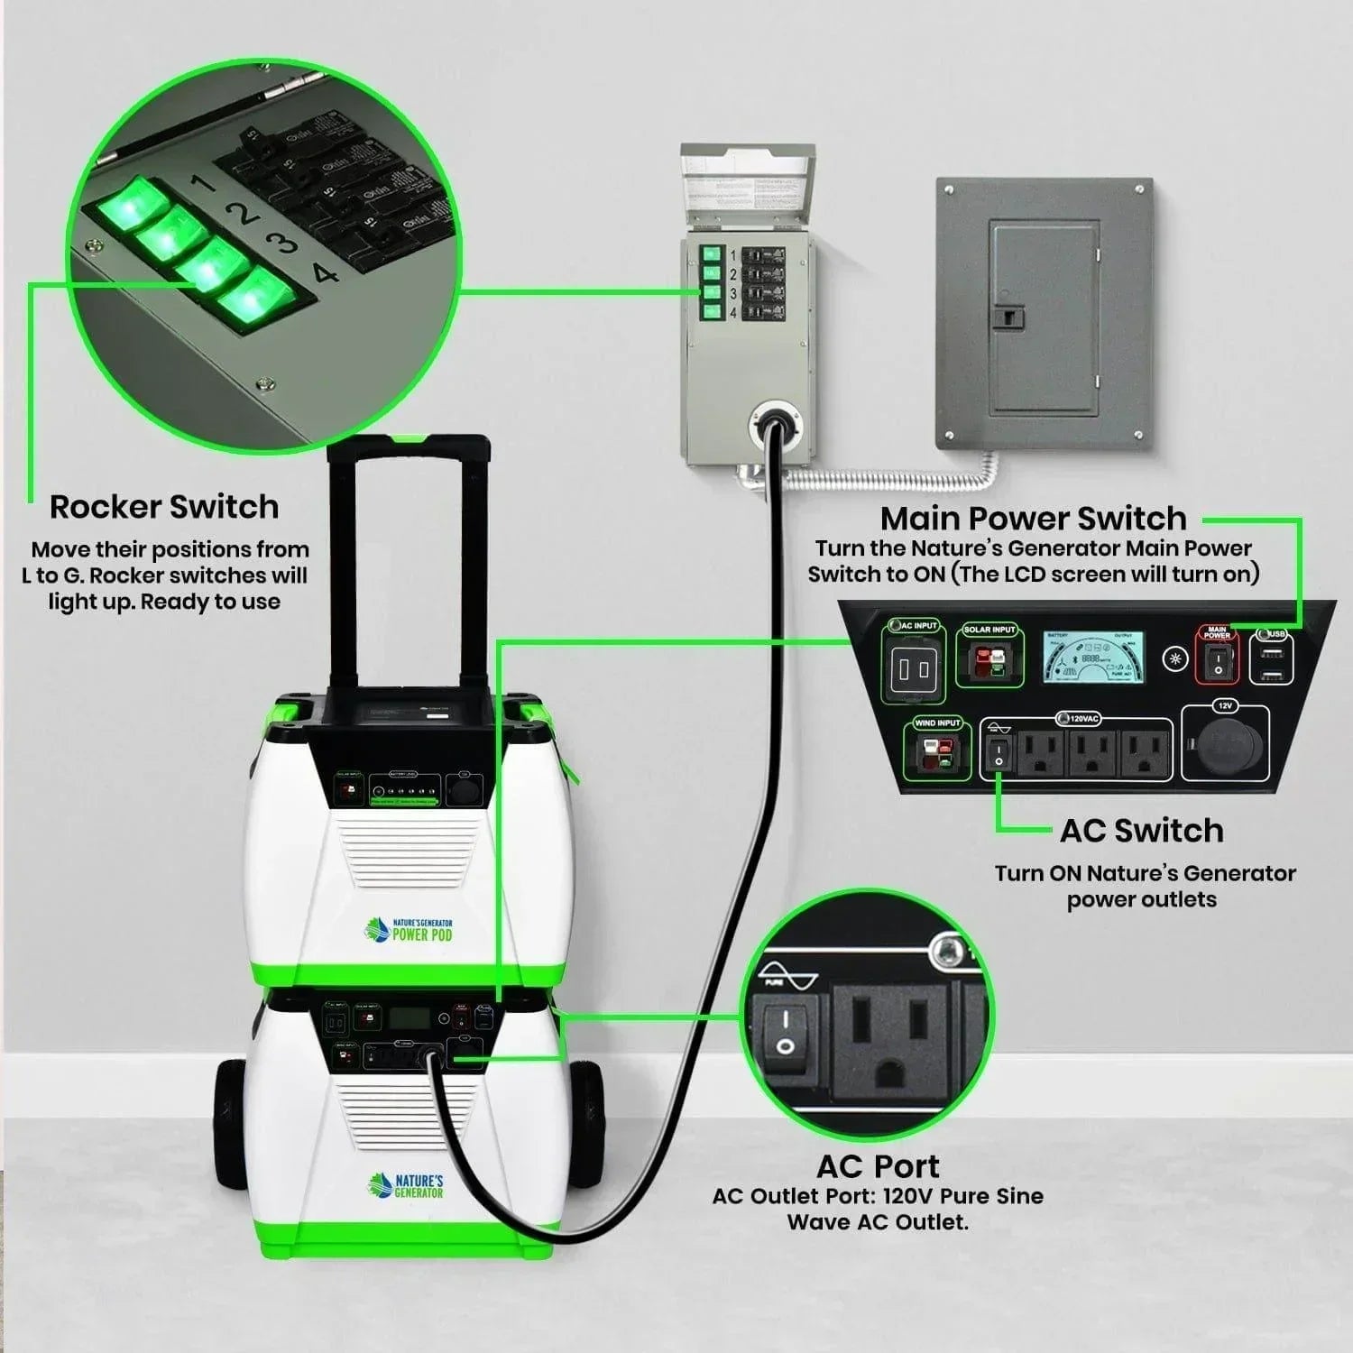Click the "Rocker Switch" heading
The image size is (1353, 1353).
tap(163, 507)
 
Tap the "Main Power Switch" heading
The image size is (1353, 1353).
tap(1033, 519)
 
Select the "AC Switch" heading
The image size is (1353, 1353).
tap(1141, 831)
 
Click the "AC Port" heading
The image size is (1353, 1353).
tap(878, 1166)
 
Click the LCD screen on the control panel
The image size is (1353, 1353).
tap(1094, 657)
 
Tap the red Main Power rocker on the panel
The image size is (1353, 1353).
tap(1217, 663)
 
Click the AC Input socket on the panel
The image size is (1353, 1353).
tap(913, 668)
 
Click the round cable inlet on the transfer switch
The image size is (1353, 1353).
tap(775, 420)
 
